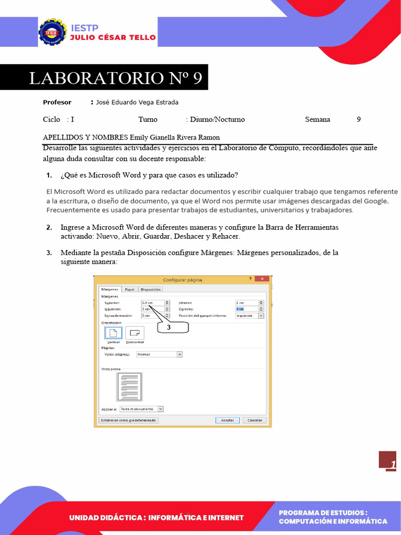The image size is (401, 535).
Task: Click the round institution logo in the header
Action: pos(52,32)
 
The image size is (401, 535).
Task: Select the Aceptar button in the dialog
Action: pos(227,420)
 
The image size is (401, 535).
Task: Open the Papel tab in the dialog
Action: pos(129,289)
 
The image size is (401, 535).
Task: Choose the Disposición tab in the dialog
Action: pos(151,289)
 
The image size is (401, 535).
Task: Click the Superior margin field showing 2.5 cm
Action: pos(152,303)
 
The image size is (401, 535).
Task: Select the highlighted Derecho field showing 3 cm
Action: pos(247,309)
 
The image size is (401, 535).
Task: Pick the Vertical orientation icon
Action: pos(113,332)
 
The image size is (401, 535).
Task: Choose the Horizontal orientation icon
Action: pos(135,332)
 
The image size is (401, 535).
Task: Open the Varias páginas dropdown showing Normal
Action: pos(159,354)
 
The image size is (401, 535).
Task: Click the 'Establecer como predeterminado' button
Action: pos(128,420)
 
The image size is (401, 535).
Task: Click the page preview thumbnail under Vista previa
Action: pos(129,387)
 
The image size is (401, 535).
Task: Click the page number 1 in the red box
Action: pos(392,464)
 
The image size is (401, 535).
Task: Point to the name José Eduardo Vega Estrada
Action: pos(137,102)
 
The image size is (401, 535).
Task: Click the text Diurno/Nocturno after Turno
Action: pos(217,119)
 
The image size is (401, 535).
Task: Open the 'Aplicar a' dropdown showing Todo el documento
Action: pos(141,409)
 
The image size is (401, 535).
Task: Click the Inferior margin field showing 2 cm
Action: pos(247,303)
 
